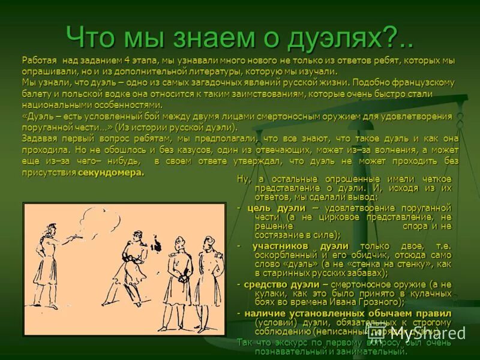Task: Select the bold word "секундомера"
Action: (111, 173)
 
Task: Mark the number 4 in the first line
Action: (127, 61)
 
